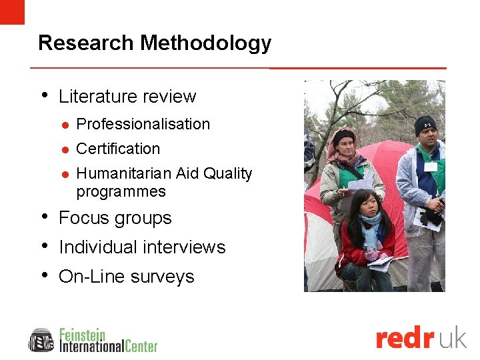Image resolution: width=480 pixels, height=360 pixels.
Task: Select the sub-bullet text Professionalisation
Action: click(143, 124)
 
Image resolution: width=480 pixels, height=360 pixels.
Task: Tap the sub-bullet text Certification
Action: click(118, 149)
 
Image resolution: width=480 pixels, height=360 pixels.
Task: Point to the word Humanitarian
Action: click(124, 173)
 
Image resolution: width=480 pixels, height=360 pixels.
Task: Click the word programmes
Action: click(121, 191)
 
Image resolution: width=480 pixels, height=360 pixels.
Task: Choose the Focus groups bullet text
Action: click(115, 218)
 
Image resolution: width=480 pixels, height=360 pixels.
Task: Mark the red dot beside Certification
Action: click(65, 149)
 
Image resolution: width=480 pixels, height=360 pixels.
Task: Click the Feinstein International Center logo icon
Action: click(41, 340)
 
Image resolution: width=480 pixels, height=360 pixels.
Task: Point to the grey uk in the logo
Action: click(453, 338)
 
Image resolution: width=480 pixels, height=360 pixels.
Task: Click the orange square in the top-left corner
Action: click(12, 11)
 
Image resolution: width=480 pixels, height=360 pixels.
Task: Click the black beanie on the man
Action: click(425, 123)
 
